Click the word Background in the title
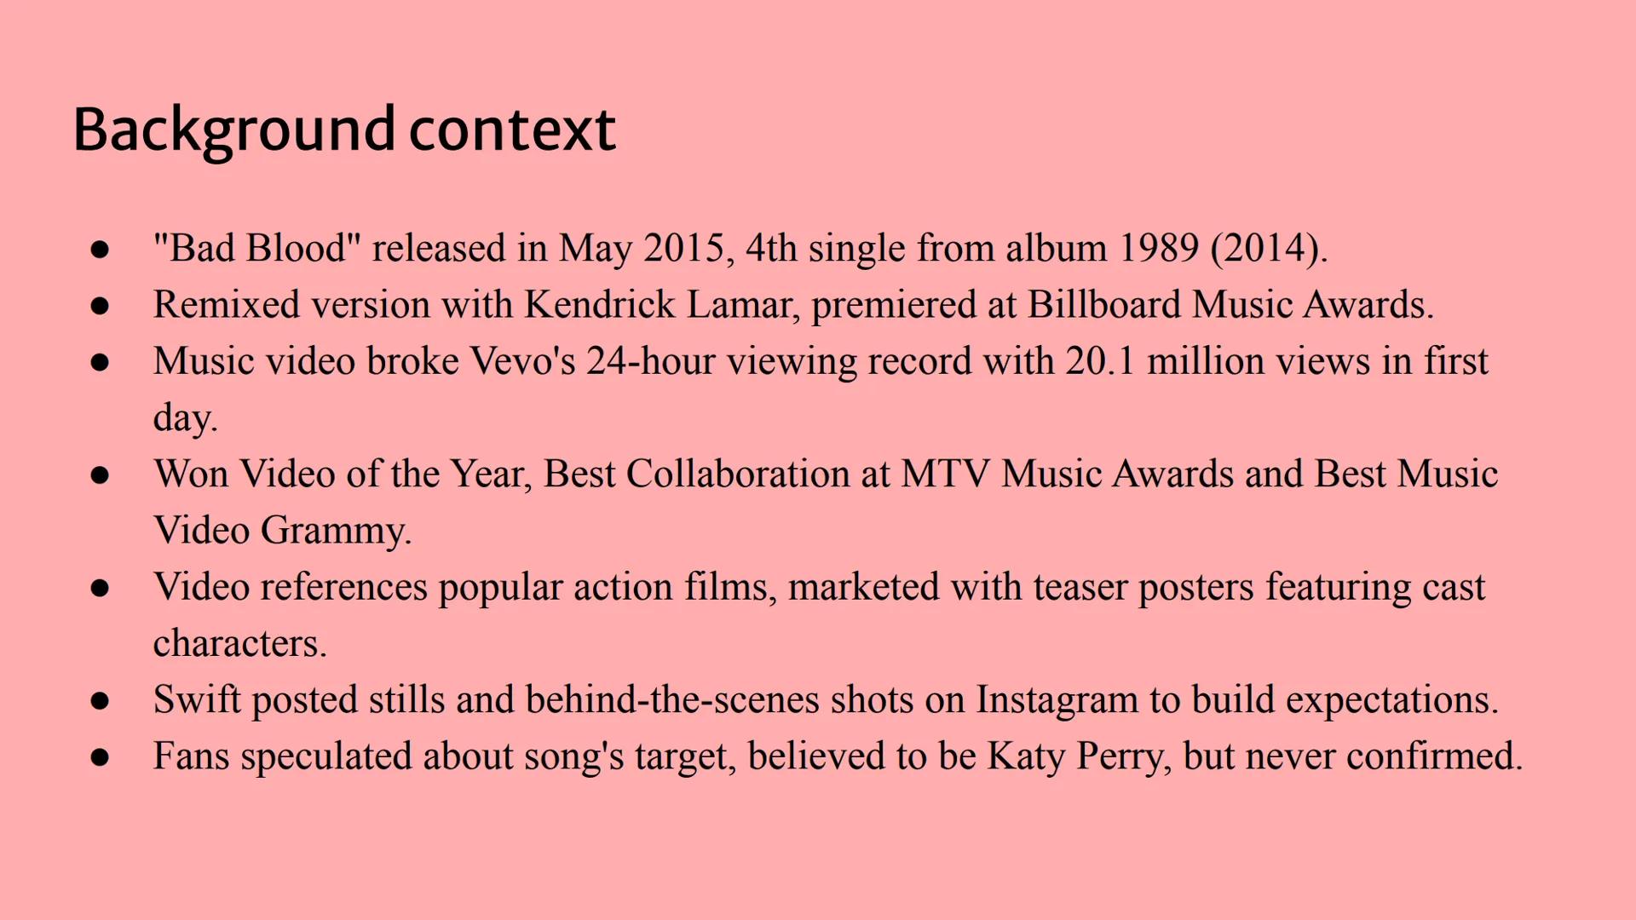(234, 131)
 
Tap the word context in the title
(513, 129)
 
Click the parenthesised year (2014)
(1269, 249)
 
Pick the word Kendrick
(600, 304)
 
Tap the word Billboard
(1104, 304)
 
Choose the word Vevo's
(522, 361)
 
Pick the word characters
(239, 643)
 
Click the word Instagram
(1057, 700)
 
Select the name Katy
(1027, 756)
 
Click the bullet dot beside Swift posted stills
(100, 701)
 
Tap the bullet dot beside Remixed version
(100, 306)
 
